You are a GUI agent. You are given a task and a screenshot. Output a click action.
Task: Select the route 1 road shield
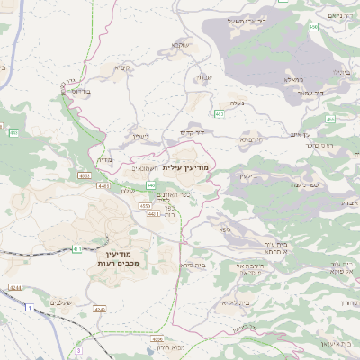coord(28,309)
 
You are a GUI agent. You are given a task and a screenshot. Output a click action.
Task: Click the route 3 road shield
coord(78,349)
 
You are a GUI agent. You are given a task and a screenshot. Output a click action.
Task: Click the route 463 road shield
coord(220,114)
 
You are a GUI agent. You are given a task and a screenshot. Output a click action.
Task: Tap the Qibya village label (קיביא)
coord(122,67)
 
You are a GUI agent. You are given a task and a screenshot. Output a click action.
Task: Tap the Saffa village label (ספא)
coord(224,229)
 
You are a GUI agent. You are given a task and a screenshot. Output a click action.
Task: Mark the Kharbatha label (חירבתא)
coord(250,140)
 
